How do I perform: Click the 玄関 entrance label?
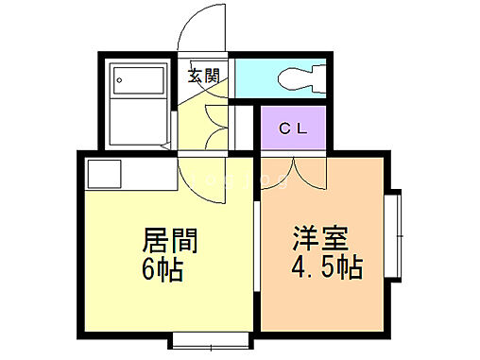click(203, 75)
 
